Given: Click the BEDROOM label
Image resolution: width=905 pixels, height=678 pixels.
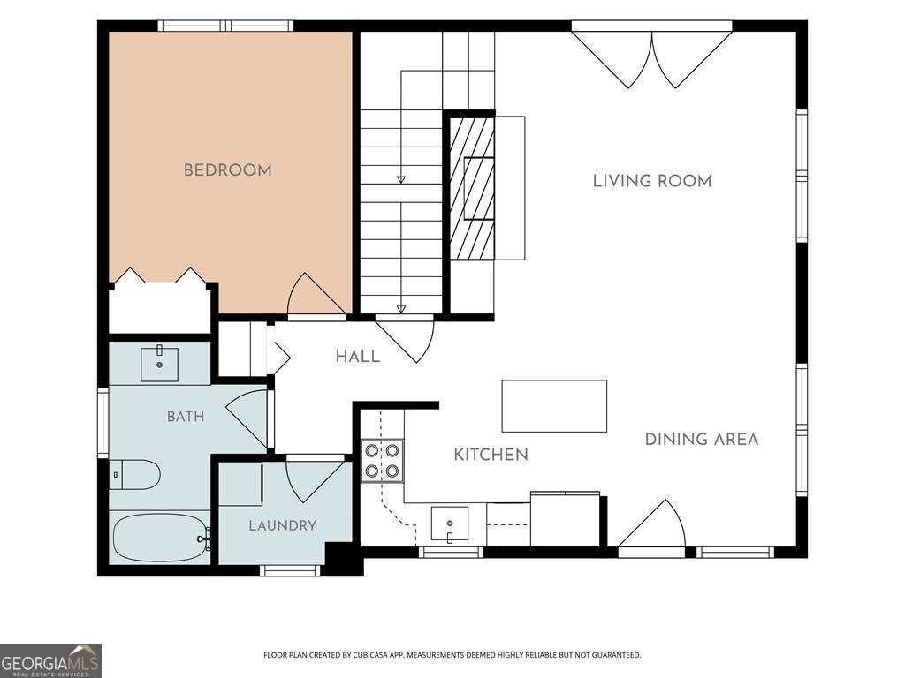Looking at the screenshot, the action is [227, 170].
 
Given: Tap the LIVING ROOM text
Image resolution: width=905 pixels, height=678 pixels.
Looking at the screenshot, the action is [652, 181].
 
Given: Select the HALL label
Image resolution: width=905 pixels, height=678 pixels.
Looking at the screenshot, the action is [358, 357].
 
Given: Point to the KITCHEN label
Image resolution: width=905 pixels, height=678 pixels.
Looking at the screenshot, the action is [491, 455].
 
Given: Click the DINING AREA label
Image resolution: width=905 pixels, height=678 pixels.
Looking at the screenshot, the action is [701, 440].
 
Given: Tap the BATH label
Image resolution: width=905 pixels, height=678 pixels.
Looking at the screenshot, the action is [186, 417].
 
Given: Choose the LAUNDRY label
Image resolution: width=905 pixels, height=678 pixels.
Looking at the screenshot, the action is [282, 526].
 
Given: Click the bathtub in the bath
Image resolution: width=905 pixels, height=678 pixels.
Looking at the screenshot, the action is [161, 537].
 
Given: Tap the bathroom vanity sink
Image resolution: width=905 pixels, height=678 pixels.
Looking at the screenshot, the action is [159, 364].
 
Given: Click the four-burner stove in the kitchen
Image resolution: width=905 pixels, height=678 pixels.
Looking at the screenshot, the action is [382, 460].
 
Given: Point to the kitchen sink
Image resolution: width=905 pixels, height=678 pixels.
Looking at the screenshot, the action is [450, 524].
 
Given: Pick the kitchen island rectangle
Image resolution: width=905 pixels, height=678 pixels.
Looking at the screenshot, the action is [554, 406].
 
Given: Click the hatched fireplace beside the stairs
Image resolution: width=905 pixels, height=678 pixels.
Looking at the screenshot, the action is [472, 188].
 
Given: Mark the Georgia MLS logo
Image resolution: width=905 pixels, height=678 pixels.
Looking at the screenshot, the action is [50, 660].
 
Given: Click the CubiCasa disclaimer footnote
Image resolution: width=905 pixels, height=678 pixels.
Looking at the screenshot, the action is [452, 655].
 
